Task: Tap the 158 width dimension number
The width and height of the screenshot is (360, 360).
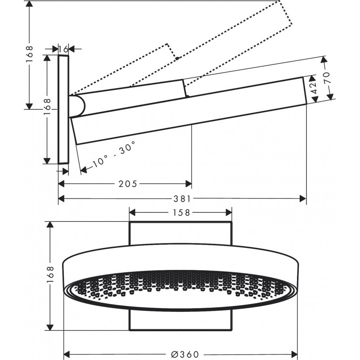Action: click(180, 212)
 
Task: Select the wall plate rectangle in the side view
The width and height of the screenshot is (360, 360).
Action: click(63, 109)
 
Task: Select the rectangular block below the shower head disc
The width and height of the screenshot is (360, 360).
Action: click(180, 320)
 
